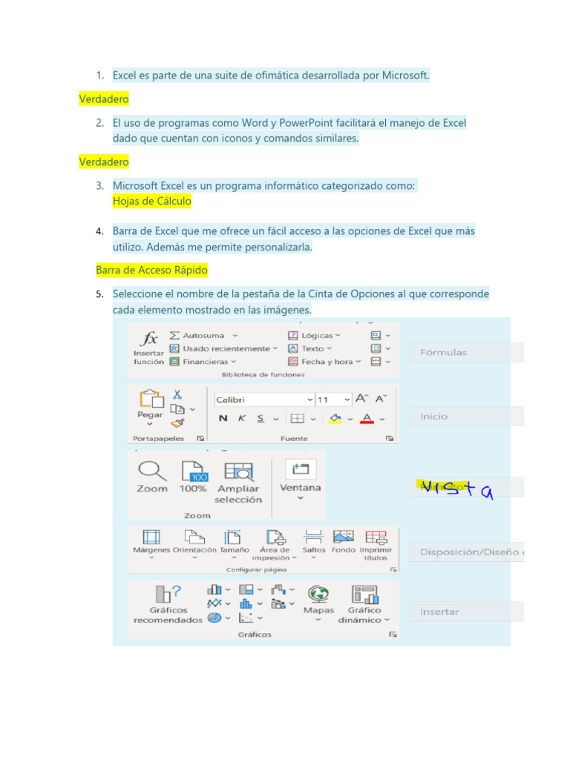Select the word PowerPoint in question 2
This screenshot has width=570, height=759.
(304, 123)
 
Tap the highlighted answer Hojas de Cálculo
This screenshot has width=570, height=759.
(152, 201)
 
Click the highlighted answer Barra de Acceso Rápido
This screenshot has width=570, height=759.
(151, 271)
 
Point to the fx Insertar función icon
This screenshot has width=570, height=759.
(150, 339)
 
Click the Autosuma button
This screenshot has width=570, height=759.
(203, 336)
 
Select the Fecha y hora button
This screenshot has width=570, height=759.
(327, 362)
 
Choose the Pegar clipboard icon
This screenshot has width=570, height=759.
(151, 400)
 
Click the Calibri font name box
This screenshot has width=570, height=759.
(263, 400)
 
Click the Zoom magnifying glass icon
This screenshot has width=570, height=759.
(151, 471)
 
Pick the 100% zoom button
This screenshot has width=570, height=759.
(193, 471)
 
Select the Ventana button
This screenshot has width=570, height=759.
(300, 470)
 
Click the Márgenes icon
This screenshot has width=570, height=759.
(151, 537)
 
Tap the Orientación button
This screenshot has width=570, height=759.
(194, 537)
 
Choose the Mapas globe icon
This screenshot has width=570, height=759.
(318, 594)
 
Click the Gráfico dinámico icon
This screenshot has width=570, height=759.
(365, 594)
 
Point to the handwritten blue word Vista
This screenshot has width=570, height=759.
(456, 486)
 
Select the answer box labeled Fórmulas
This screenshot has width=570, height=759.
(466, 353)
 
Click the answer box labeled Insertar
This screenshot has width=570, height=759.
(466, 611)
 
